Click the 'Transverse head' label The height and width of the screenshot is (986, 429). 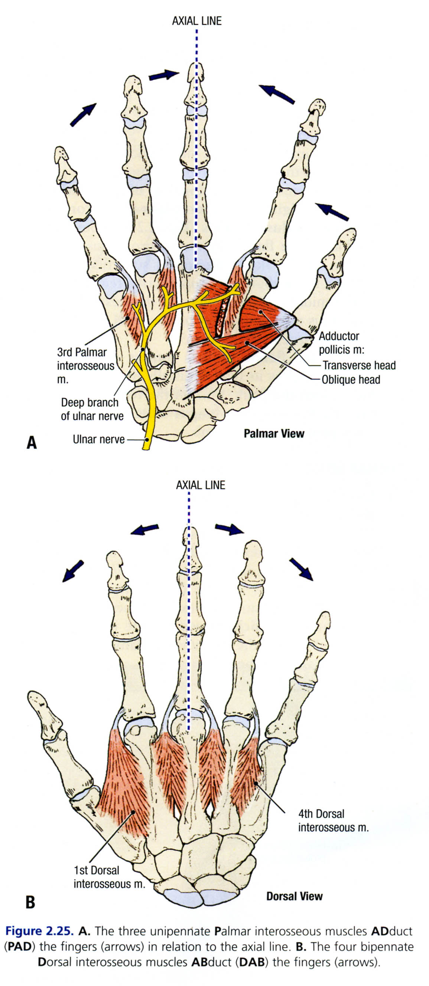click(358, 366)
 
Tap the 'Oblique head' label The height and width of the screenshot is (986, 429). click(351, 380)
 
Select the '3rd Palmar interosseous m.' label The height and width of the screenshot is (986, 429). click(85, 366)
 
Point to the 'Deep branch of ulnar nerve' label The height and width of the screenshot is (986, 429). click(92, 409)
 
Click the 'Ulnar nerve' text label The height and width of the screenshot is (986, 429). click(98, 439)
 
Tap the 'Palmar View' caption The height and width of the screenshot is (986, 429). click(274, 434)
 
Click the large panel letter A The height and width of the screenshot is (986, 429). click(32, 442)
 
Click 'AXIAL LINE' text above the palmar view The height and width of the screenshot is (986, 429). click(196, 21)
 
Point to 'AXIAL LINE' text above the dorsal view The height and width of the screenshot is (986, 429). click(200, 485)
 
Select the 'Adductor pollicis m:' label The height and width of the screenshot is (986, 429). click(339, 343)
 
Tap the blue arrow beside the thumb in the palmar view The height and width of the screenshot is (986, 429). click(332, 212)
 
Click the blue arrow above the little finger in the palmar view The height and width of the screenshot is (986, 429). click(82, 115)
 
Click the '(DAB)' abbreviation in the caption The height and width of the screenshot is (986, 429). click(251, 962)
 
